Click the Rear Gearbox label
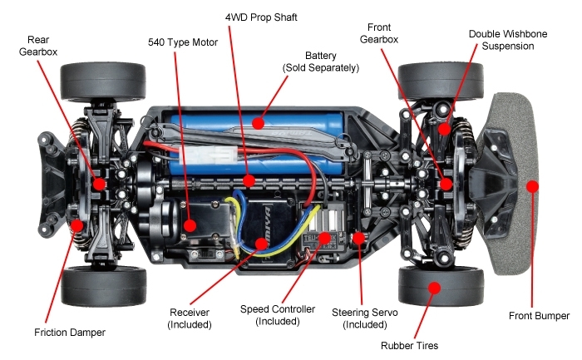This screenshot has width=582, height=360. [x=38, y=46]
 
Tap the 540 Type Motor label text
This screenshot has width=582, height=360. [x=183, y=42]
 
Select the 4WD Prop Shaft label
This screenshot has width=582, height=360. [x=261, y=17]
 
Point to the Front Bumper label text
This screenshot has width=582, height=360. [x=539, y=316]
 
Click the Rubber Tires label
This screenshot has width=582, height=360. [x=409, y=346]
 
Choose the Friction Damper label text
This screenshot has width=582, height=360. [x=70, y=333]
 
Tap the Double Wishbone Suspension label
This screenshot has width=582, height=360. [x=508, y=40]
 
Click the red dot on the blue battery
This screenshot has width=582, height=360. [x=258, y=123]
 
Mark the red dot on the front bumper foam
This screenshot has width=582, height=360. [x=532, y=186]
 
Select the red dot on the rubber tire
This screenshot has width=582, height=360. [x=434, y=288]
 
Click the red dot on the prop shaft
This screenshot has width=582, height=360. [x=249, y=180]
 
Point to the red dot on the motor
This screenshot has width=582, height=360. [x=190, y=225]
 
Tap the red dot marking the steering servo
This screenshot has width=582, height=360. [x=358, y=238]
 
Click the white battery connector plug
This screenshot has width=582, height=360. [x=208, y=155]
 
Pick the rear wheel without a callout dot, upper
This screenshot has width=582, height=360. [x=103, y=82]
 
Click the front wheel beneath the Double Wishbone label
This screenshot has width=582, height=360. [x=441, y=81]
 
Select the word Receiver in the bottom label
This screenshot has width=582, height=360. [x=190, y=313]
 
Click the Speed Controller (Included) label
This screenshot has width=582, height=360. [x=278, y=315]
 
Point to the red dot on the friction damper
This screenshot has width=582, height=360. [x=76, y=225]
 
